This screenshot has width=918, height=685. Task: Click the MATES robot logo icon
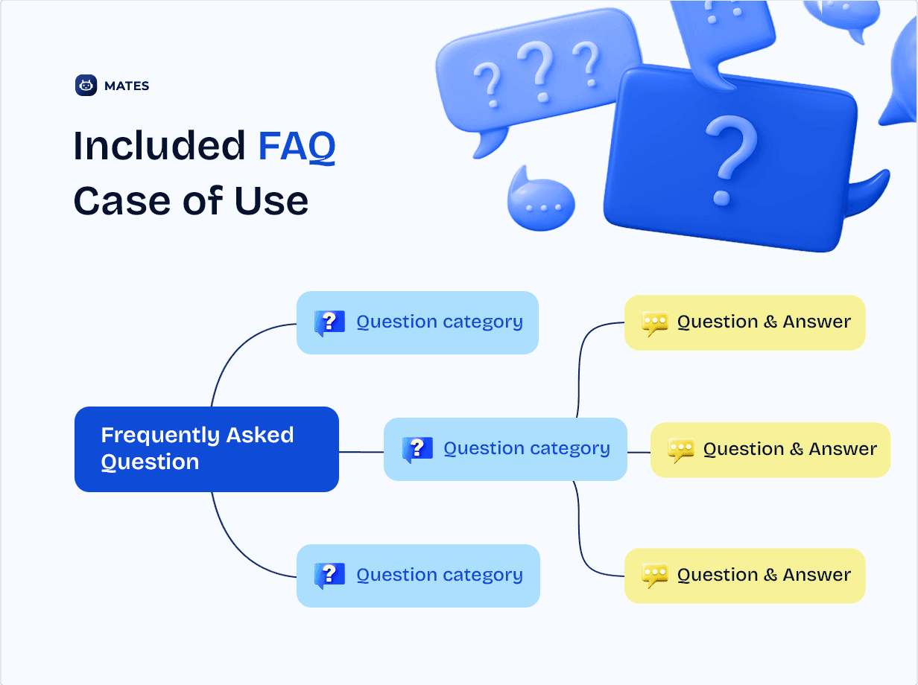(x=86, y=86)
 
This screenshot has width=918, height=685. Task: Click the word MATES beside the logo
(x=127, y=86)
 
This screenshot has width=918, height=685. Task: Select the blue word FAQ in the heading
(x=297, y=146)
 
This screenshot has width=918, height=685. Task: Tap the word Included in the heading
(x=159, y=145)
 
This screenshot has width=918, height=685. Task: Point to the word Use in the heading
(x=271, y=201)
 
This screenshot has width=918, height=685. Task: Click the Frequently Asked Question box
(x=206, y=449)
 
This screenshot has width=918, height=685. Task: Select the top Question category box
(x=417, y=322)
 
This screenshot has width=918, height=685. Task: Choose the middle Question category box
(x=505, y=449)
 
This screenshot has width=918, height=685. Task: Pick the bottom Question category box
(x=418, y=576)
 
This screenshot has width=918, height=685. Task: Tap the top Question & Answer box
(x=745, y=322)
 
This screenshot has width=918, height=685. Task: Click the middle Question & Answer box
(x=770, y=450)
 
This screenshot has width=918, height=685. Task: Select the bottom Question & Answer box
(x=745, y=576)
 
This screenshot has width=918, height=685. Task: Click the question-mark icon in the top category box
(x=329, y=322)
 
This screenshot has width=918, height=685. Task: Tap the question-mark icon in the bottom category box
(x=329, y=576)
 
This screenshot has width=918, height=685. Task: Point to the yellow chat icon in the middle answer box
(x=681, y=450)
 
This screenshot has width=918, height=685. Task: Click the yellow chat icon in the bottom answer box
(x=655, y=576)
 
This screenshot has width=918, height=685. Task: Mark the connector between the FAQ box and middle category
(x=361, y=452)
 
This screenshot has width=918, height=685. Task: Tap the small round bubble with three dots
(x=541, y=200)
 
